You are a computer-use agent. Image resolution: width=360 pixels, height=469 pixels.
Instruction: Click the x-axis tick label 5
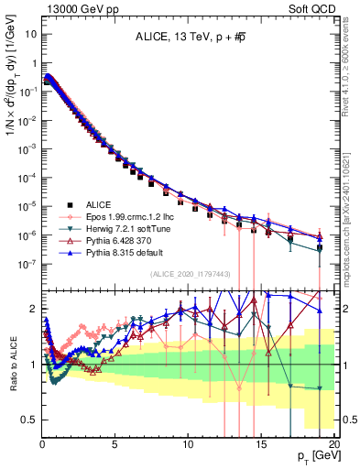[x=115, y=444]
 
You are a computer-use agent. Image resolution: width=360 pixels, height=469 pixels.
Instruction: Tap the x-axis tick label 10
[x=188, y=444]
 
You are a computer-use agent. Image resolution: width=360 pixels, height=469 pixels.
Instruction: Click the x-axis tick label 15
[x=261, y=444]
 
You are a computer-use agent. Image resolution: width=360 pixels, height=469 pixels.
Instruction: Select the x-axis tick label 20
[x=334, y=444]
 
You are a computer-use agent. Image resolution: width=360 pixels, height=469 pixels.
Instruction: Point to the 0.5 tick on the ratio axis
[x=29, y=420]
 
